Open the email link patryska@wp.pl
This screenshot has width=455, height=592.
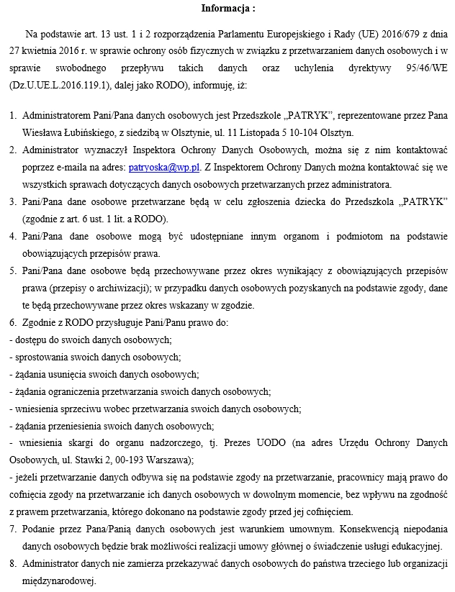[x=152, y=168]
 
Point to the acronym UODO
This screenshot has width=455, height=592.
[x=285, y=442]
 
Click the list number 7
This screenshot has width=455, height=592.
[x=12, y=529]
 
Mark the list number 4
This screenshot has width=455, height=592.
[x=12, y=237]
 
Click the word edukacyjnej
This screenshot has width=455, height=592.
[x=415, y=546]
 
